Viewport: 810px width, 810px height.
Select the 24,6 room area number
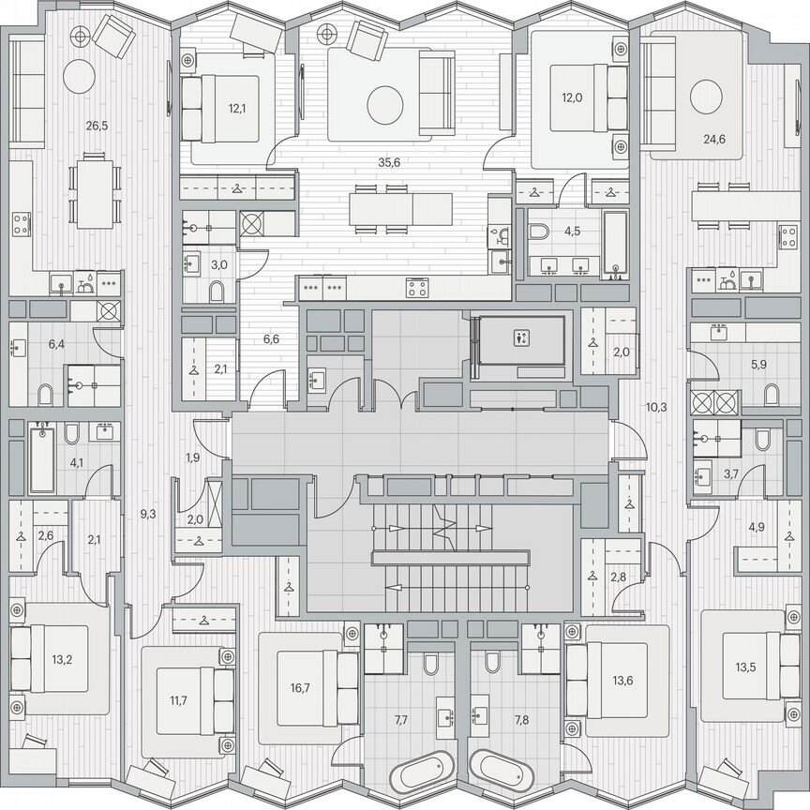(715, 141)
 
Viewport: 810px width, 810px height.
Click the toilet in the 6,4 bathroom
(44, 391)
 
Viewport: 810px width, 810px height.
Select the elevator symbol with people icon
(519, 338)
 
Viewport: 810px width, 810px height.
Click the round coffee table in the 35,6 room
(384, 105)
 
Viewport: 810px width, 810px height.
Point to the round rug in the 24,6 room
(706, 96)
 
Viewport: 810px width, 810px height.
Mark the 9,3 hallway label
(148, 513)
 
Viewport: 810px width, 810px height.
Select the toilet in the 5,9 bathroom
(772, 395)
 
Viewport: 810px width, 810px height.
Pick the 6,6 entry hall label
(270, 339)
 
